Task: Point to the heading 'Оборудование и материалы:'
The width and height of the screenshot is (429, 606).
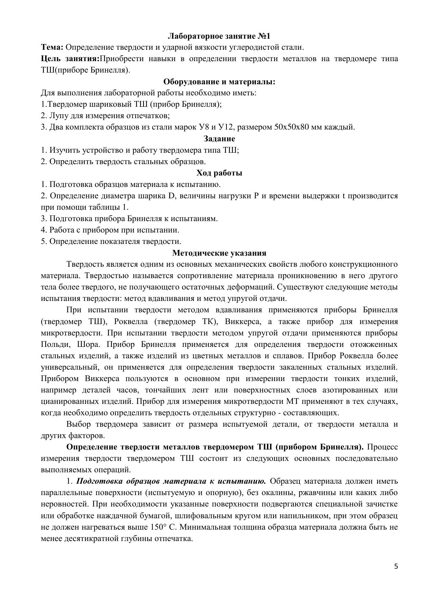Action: (219, 82)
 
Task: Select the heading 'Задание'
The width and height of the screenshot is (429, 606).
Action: (219, 139)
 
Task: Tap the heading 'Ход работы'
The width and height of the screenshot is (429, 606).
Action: (219, 173)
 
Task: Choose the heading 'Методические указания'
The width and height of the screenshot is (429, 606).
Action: (219, 253)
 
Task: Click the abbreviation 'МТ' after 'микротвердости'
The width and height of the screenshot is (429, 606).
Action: (292, 401)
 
